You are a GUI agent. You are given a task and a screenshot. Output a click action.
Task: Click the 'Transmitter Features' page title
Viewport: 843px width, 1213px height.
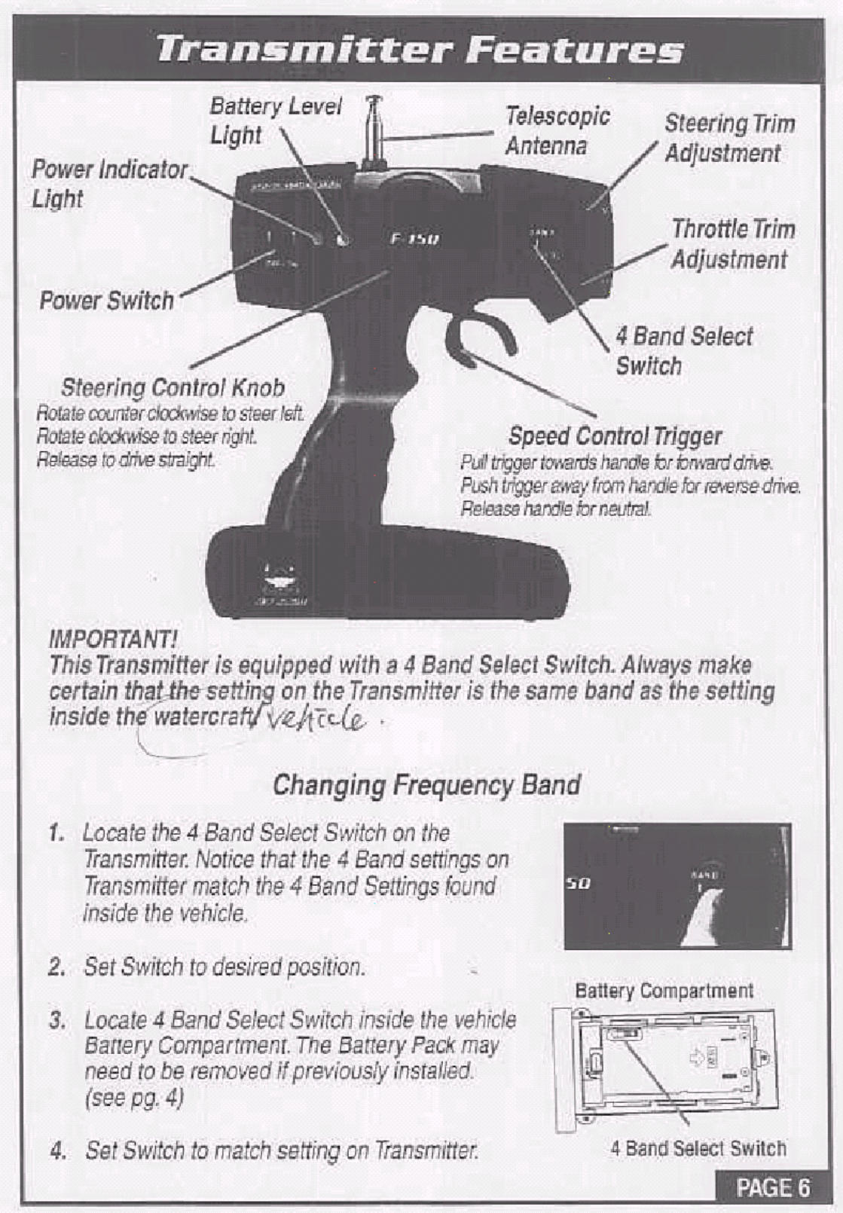[420, 50]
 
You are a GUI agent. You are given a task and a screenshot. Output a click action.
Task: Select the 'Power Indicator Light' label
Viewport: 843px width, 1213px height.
[108, 183]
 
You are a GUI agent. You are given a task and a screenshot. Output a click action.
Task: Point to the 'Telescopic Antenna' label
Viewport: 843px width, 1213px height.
[557, 130]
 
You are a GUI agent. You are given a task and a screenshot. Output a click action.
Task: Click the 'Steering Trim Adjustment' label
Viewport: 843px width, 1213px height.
[728, 138]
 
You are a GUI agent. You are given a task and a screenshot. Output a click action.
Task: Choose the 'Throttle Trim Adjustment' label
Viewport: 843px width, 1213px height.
[732, 243]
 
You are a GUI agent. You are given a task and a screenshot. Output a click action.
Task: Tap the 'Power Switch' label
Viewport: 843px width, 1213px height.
[106, 301]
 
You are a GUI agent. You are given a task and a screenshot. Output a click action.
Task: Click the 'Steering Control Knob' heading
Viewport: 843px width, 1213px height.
[173, 388]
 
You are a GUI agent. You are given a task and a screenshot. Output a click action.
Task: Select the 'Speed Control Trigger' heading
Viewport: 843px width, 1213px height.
[615, 436]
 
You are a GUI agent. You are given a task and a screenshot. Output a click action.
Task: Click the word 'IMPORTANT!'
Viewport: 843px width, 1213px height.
[113, 640]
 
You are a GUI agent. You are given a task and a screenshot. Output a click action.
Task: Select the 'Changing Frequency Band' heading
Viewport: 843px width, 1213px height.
[426, 785]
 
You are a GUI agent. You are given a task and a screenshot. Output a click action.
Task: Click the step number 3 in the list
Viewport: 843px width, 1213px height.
[57, 1021]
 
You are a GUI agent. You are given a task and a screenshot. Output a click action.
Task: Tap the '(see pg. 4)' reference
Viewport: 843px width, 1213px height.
[134, 1097]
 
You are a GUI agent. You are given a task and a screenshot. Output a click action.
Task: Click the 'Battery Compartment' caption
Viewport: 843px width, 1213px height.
[664, 991]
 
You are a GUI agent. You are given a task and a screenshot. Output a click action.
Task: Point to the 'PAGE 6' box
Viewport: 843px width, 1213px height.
[773, 1188]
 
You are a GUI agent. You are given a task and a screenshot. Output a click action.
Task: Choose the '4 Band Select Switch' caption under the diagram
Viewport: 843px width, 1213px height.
[698, 1148]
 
